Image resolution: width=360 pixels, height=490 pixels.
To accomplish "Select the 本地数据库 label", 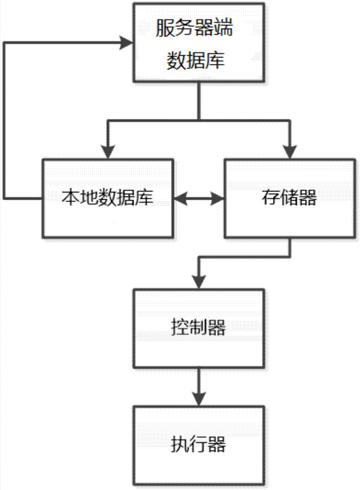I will coord(107,198).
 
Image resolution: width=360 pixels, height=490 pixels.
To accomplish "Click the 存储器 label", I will coord(289,198).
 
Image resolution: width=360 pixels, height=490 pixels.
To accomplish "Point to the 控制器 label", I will coord(198,327).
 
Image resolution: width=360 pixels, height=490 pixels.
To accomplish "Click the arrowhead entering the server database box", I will coord(127,43).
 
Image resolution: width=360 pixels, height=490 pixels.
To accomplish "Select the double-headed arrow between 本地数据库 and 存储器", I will coord(199,198).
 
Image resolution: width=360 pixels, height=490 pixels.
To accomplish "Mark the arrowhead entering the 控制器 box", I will coord(198,281).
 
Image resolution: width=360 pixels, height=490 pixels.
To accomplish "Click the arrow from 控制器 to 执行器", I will coord(198,387).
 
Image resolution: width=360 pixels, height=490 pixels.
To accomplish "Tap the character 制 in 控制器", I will coord(198,327).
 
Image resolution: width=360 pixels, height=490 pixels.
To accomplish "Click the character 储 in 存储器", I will coord(289,198).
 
